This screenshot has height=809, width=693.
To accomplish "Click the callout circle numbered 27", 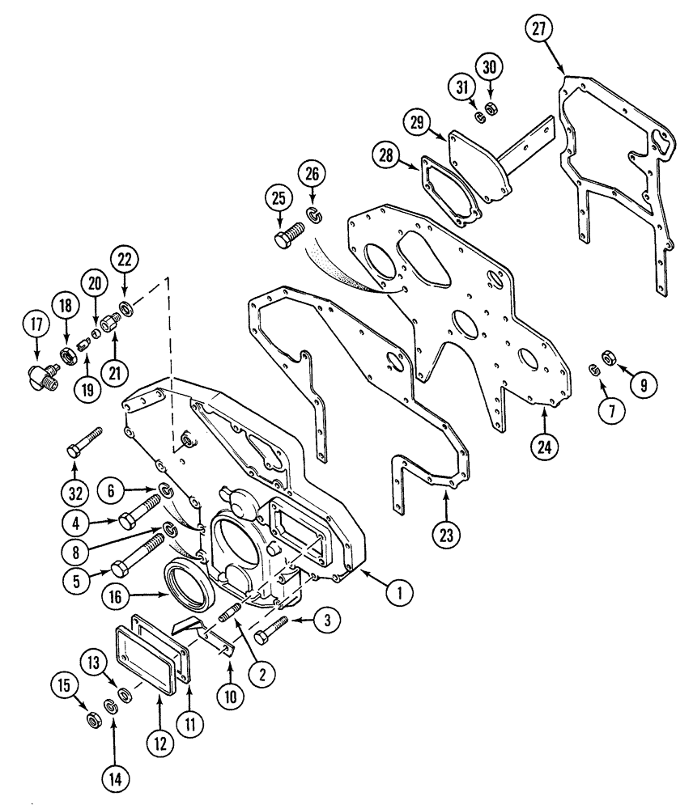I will (x=539, y=28).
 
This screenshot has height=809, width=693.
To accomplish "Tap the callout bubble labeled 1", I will (x=396, y=593).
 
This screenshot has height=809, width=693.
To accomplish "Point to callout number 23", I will (x=447, y=534).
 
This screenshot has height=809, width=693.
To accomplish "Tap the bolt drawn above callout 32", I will (x=84, y=441).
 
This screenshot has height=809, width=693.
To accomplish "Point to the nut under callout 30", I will (x=491, y=108).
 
